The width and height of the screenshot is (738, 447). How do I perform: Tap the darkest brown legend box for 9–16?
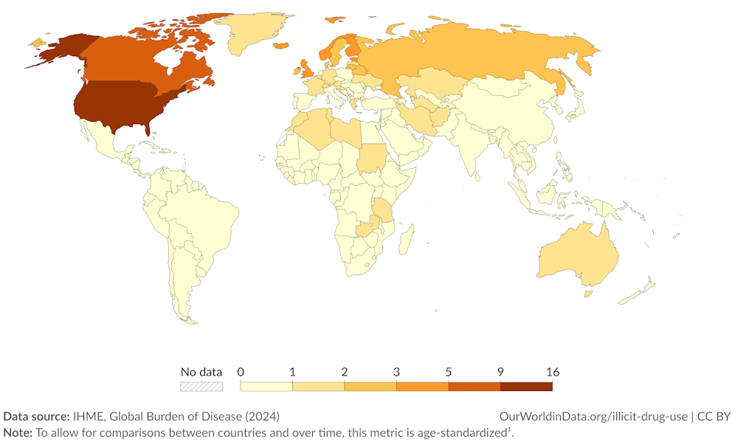coord(526,386)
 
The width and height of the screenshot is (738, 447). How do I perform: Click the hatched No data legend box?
coord(201,386)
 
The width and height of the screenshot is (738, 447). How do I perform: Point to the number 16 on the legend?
coord(552,372)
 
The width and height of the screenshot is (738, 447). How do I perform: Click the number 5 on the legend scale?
coord(449,372)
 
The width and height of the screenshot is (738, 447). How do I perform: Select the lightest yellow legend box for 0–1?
coord(266,386)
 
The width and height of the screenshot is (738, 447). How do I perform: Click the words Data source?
coord(36,416)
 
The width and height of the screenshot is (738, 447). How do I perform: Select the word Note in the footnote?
coord(18,432)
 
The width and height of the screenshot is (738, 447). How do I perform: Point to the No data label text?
coord(201,372)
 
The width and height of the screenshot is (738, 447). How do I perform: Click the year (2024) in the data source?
coord(264,416)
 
